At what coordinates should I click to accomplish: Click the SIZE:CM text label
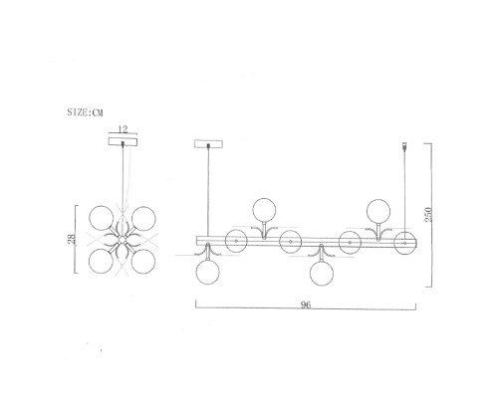coord(85,112)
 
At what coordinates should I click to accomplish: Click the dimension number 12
coord(123,129)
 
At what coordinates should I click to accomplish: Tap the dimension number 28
coord(72,239)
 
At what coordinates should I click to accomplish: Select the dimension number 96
coord(306,304)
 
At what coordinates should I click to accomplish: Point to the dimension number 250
coord(428,215)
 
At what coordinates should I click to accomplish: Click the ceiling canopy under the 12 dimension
coord(123,141)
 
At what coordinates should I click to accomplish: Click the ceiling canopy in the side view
coord(208,144)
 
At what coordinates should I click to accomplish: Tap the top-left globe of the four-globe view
coord(102,218)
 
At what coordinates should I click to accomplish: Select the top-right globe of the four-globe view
coord(143,218)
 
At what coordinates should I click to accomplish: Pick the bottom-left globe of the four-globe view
coord(101,261)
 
